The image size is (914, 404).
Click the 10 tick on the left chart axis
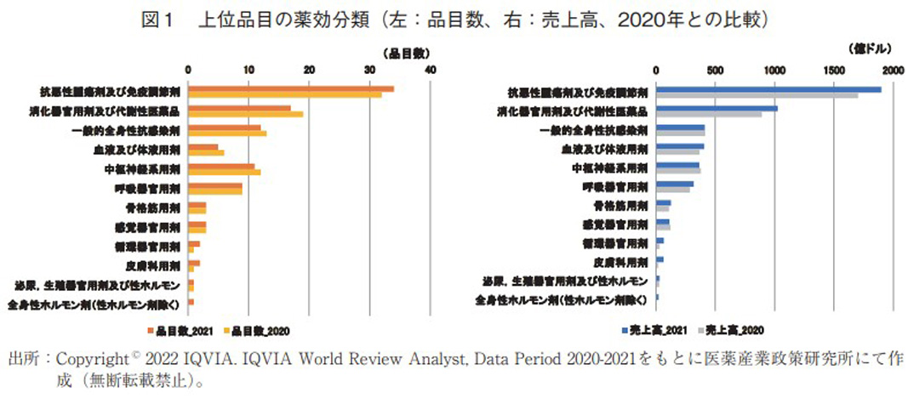point(248,71)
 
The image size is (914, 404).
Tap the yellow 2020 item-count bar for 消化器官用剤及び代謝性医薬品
point(246,114)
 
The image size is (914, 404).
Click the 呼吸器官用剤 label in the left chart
point(152,188)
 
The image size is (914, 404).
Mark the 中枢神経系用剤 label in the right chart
point(618,168)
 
